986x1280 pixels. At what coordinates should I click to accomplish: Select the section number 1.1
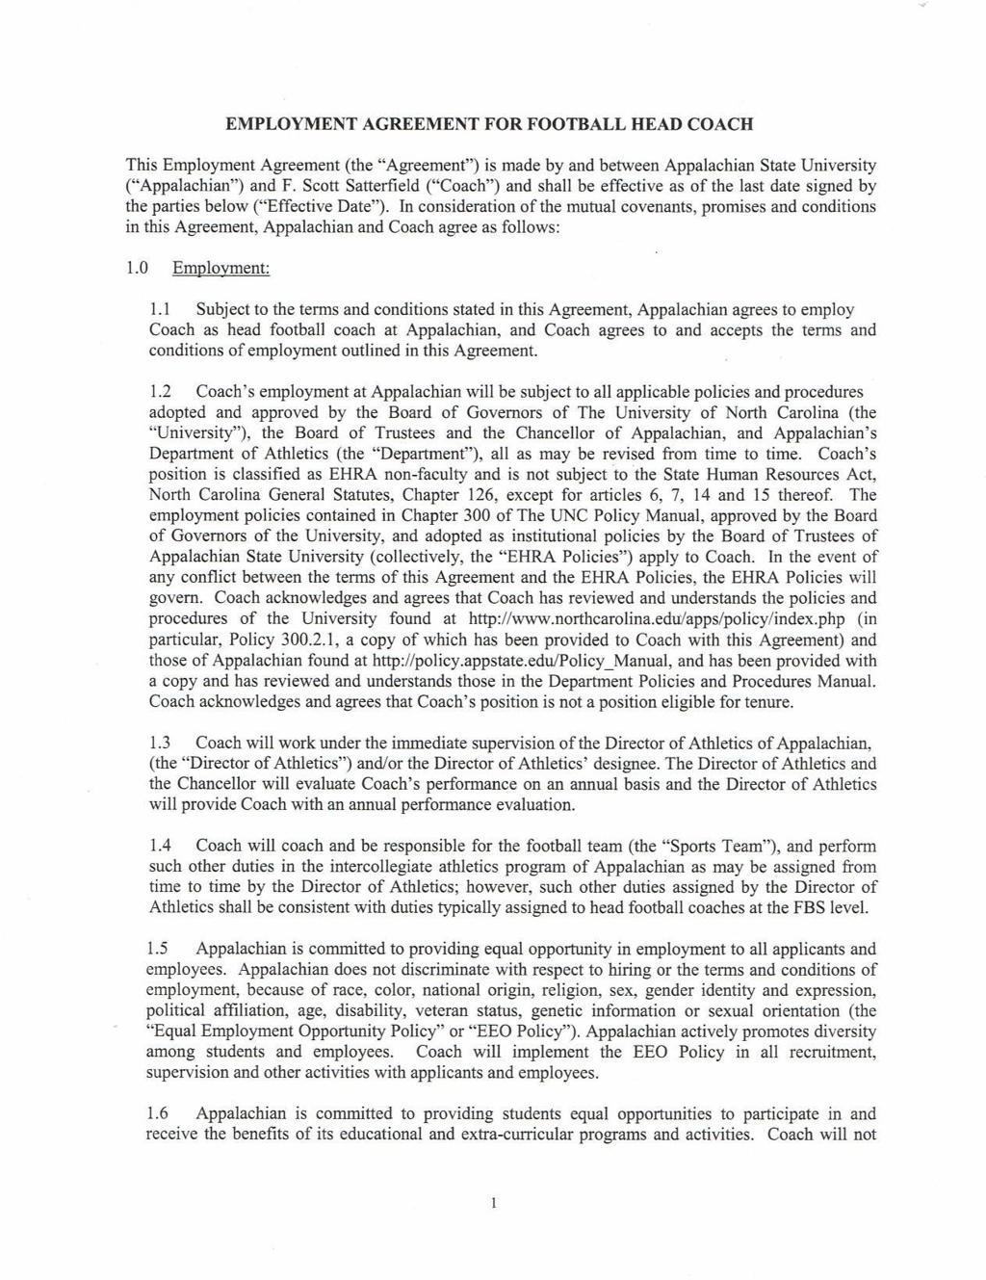(160, 310)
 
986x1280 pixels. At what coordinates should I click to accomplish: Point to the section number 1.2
(160, 392)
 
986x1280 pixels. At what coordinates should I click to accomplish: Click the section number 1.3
(160, 743)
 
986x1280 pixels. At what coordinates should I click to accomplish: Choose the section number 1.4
(160, 846)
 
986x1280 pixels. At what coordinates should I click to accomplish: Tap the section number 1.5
(160, 949)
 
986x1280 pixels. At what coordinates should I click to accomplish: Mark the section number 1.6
(160, 1113)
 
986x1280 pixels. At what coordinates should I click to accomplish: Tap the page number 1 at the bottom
(493, 1203)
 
